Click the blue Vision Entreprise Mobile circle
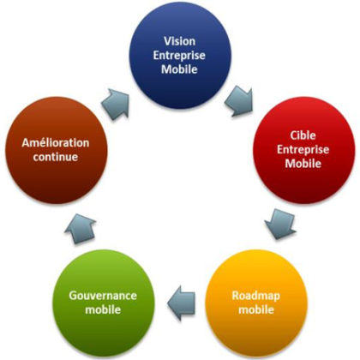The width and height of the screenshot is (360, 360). click(x=180, y=57)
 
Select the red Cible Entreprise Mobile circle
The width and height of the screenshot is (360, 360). click(x=304, y=150)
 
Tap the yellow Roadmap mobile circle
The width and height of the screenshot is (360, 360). click(x=256, y=303)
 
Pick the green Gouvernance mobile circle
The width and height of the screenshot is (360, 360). click(x=104, y=303)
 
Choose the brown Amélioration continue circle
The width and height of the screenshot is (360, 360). click(x=57, y=150)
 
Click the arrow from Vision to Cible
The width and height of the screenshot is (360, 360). click(x=239, y=101)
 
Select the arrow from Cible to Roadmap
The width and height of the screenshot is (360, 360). click(x=280, y=224)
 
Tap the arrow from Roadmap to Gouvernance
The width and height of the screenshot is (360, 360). click(x=181, y=303)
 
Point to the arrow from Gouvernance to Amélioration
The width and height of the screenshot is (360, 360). click(x=81, y=229)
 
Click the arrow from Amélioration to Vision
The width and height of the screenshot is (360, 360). click(x=116, y=104)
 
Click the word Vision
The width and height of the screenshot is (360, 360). click(x=179, y=41)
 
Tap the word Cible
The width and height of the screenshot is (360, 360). click(x=303, y=135)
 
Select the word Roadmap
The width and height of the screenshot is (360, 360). click(x=255, y=296)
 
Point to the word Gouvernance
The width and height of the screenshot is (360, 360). click(x=103, y=296)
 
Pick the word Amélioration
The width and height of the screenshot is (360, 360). click(x=56, y=142)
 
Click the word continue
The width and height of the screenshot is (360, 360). click(x=56, y=157)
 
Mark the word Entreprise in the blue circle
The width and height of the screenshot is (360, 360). click(x=179, y=56)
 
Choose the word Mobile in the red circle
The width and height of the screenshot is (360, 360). click(x=303, y=164)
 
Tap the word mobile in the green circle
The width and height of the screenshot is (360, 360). click(x=103, y=309)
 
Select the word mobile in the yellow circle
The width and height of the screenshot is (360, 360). click(x=256, y=309)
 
